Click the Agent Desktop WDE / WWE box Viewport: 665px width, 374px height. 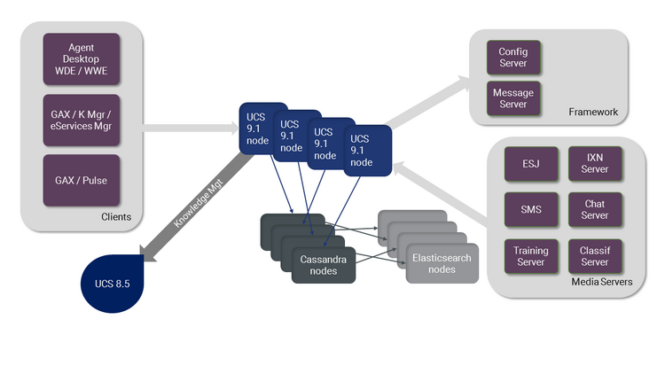tap(82, 59)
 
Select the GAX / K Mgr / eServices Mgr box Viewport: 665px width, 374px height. tap(82, 120)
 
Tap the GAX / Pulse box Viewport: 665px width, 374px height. tap(82, 180)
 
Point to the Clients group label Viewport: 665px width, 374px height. tap(116, 216)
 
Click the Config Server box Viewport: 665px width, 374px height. tap(513, 58)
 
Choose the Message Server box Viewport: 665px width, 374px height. tap(513, 98)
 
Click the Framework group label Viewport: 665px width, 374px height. tap(593, 112)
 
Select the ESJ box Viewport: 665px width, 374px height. tap(531, 164)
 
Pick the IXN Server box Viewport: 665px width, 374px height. tap(595, 164)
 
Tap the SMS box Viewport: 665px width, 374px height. tap(531, 209)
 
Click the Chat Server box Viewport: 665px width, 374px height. tap(595, 209)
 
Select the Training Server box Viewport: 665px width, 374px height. tap(531, 256)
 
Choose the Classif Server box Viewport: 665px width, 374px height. tap(595, 256)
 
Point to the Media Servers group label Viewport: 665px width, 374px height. tap(602, 282)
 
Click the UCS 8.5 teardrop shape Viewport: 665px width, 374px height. tap(113, 284)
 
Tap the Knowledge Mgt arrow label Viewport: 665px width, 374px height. tap(198, 203)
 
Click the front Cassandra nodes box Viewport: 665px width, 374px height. tap(324, 265)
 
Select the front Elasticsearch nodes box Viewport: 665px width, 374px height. tap(442, 263)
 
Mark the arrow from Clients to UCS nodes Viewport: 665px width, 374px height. tap(191, 128)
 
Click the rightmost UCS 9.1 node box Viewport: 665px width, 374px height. tap(368, 151)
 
